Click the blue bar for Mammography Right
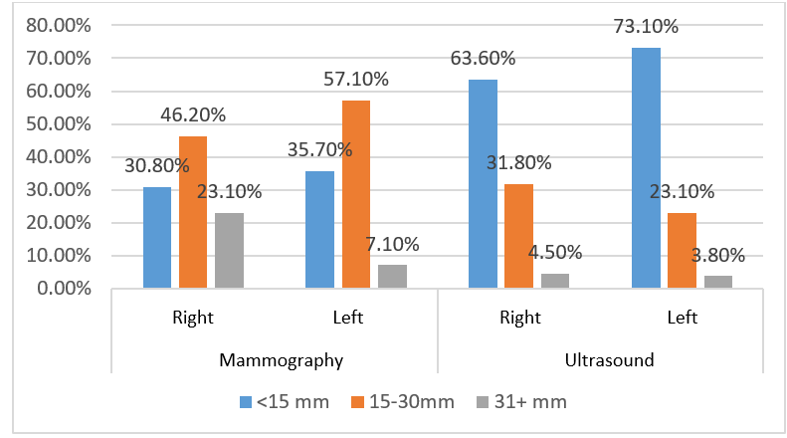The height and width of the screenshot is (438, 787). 157,238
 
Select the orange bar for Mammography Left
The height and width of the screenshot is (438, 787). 356,195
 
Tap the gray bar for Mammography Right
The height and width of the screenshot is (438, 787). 229,251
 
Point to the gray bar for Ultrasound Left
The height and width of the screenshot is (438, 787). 717,283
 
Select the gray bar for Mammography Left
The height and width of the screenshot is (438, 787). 392,277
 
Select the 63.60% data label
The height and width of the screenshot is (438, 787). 484,58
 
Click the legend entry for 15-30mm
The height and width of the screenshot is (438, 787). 403,402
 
